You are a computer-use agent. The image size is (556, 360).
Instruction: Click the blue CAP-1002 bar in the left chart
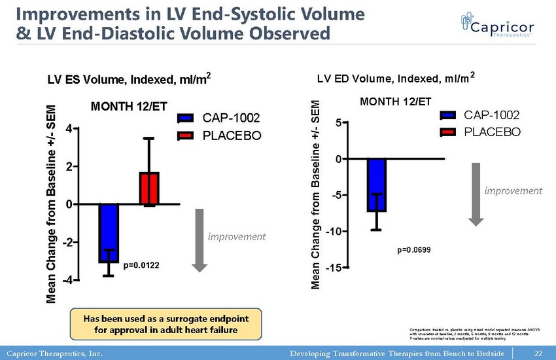[109, 233]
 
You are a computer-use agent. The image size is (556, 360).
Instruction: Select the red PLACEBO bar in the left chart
[149, 188]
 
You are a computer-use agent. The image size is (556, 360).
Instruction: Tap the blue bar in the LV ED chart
[377, 185]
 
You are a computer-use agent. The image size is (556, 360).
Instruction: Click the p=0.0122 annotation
[142, 266]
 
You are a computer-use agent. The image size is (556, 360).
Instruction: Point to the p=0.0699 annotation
[414, 250]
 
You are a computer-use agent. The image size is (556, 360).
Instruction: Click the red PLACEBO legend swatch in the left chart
[186, 136]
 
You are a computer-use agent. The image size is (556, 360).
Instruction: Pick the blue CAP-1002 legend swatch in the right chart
[449, 116]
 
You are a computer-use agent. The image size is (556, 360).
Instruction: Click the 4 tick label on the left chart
[68, 129]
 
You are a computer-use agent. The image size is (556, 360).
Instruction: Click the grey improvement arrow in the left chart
[200, 240]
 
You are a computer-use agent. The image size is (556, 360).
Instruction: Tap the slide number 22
[539, 353]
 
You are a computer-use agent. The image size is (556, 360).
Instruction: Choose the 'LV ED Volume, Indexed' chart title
[396, 79]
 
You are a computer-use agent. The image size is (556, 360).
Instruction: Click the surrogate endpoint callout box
[165, 324]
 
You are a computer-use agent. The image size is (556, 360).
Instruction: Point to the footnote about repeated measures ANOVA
[465, 333]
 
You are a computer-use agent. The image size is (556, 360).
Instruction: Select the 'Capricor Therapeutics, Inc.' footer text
[53, 353]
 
